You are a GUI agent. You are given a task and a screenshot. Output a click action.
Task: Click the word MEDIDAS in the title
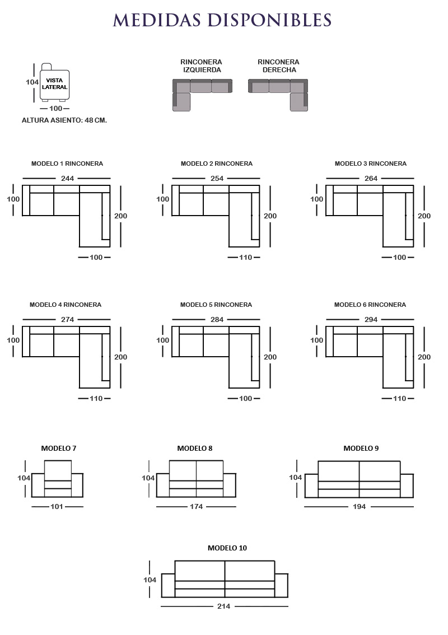[157, 20]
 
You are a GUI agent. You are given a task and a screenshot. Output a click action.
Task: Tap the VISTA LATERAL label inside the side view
[55, 84]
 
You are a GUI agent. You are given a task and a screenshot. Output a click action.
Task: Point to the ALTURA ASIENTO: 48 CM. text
[64, 120]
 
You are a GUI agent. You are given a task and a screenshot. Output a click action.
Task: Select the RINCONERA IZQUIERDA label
[201, 66]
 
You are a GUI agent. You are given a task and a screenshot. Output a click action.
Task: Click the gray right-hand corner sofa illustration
[278, 95]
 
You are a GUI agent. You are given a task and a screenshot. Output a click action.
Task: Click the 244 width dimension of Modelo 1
[67, 178]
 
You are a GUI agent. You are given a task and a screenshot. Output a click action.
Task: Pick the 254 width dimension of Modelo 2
[217, 178]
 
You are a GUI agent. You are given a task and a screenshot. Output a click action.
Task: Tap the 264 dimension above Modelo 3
[371, 178]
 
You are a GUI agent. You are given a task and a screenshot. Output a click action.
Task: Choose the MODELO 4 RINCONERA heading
[66, 305]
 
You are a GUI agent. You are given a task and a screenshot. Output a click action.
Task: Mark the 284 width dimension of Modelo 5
[217, 320]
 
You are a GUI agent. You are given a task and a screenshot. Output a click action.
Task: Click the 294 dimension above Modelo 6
[371, 320]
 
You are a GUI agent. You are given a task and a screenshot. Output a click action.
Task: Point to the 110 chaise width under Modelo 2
[245, 257]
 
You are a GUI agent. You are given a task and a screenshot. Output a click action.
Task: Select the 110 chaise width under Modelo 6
[399, 399]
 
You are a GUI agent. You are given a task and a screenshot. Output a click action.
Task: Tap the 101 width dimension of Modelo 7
[57, 507]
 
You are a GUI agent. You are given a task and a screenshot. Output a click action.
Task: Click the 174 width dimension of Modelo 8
[196, 507]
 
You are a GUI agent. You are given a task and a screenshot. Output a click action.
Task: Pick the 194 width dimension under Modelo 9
[360, 507]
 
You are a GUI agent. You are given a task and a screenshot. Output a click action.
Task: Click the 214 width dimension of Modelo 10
[223, 606]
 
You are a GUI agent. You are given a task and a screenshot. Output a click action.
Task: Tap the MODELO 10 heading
[227, 548]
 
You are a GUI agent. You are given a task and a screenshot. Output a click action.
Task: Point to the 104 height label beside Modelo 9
[295, 478]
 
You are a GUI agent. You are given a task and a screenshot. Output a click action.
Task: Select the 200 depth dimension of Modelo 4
[121, 357]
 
